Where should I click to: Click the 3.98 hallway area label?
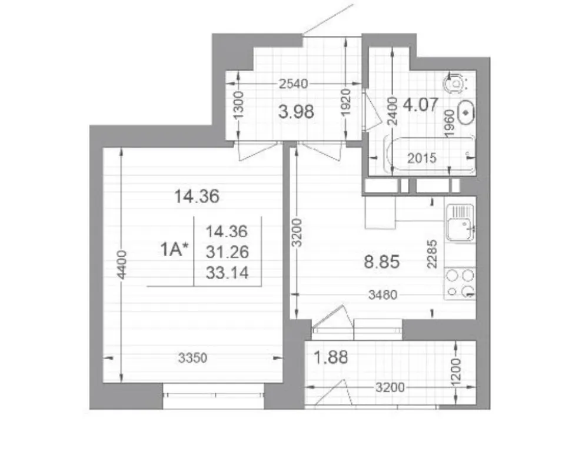click(296, 112)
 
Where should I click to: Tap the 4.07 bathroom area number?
click(420, 104)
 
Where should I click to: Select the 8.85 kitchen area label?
click(382, 262)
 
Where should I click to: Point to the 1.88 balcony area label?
click(331, 357)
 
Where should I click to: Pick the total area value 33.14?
click(227, 273)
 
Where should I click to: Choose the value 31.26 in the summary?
click(227, 253)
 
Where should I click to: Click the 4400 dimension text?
click(122, 265)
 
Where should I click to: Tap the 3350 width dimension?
click(192, 359)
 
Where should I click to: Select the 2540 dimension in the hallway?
click(294, 84)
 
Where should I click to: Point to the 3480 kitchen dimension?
click(383, 295)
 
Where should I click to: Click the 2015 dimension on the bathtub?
click(422, 158)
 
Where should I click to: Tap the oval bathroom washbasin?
click(466, 112)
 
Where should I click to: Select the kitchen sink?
click(460, 223)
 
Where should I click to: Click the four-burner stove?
click(460, 283)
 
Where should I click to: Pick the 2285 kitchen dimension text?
click(432, 254)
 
